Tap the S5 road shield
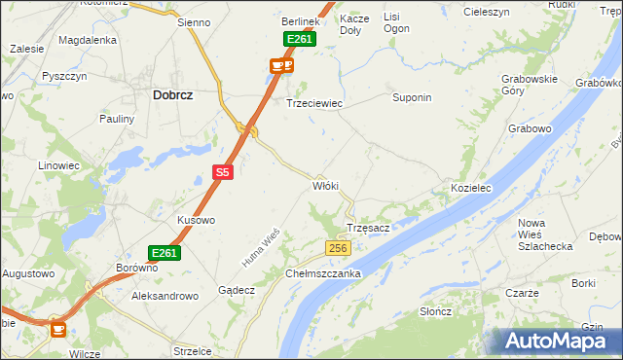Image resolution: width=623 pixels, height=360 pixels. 223,172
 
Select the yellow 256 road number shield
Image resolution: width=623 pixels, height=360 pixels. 337,249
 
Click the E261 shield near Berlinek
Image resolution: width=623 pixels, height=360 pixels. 300,39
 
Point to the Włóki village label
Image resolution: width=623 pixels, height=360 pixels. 325,185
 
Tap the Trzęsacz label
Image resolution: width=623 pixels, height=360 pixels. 369,228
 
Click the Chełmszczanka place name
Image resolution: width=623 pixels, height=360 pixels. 323,273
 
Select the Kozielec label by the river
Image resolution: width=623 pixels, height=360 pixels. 469,187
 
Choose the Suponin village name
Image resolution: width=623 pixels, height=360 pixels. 411,98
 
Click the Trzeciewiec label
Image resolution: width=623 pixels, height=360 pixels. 313,102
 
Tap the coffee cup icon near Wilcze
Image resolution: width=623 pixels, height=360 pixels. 58,330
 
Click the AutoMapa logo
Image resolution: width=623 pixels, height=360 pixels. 556,341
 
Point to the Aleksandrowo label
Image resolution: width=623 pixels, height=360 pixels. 165,294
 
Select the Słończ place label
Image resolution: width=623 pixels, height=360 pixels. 435,310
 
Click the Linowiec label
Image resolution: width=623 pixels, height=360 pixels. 58,165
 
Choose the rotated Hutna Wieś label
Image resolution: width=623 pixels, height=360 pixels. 261,247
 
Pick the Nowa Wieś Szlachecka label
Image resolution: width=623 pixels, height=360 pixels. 545,234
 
